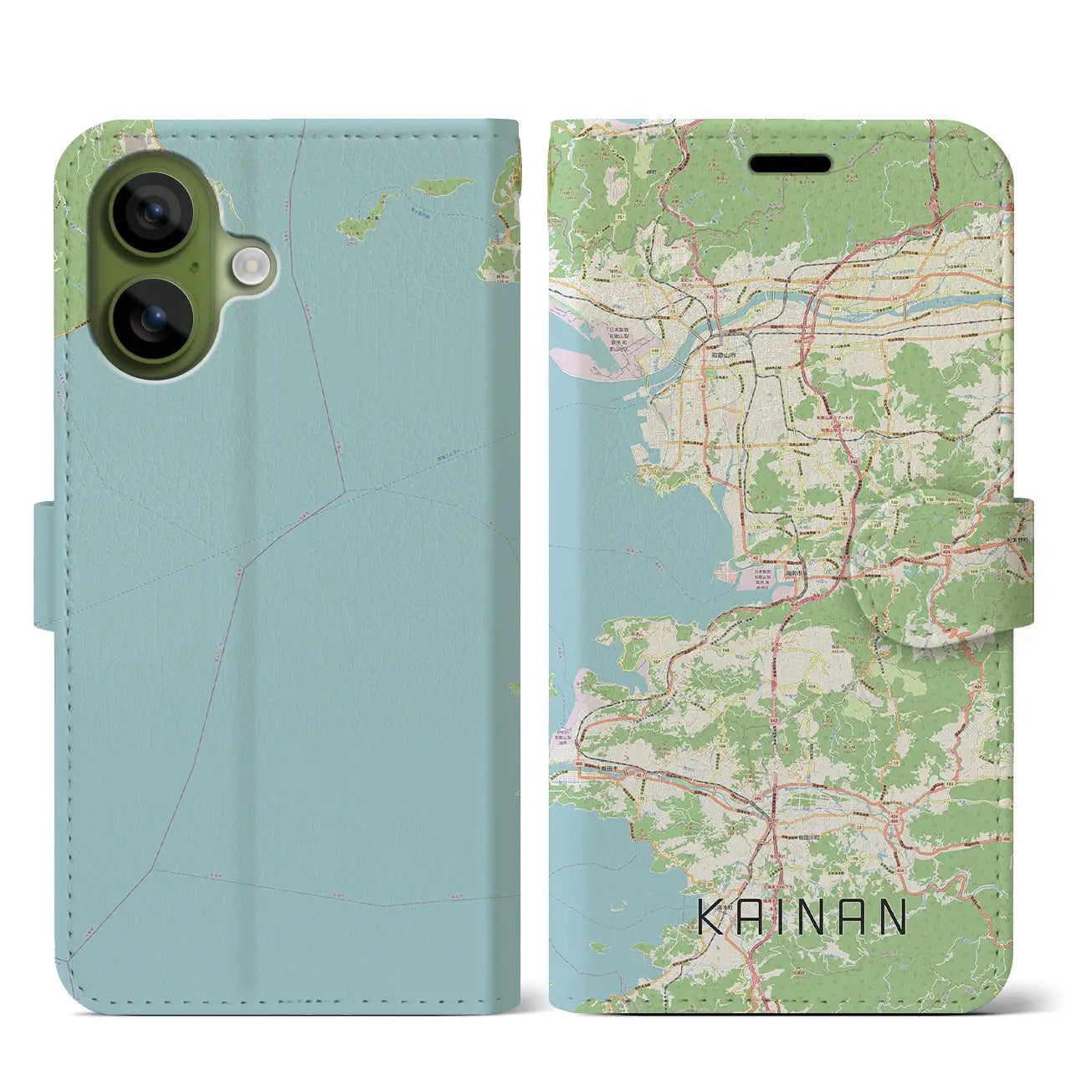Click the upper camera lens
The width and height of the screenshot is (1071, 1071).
[x=152, y=213]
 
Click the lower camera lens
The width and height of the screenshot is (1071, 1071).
[x=152, y=319]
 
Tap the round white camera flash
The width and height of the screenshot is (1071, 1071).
[x=249, y=265]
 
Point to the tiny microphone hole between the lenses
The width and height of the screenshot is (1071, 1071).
[x=194, y=268]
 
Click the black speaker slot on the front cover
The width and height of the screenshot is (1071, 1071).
[x=790, y=163]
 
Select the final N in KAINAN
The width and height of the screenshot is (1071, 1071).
[x=892, y=917]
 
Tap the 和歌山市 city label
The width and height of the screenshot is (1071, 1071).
[x=720, y=356]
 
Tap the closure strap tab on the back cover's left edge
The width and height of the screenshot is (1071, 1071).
[x=47, y=564]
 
